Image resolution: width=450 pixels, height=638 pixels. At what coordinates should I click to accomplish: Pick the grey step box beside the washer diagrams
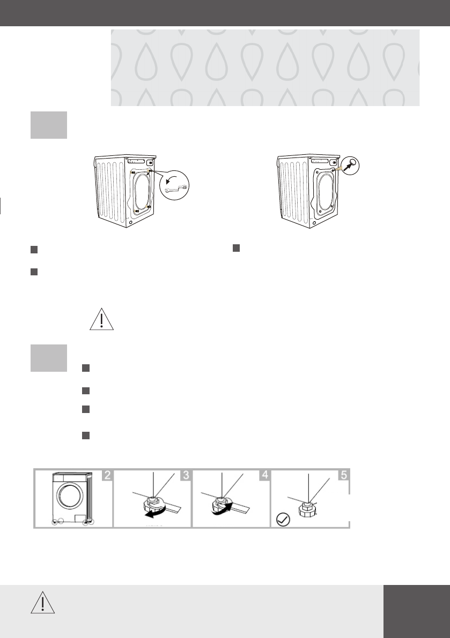49,125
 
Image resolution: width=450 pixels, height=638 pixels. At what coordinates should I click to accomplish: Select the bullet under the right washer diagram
235,249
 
